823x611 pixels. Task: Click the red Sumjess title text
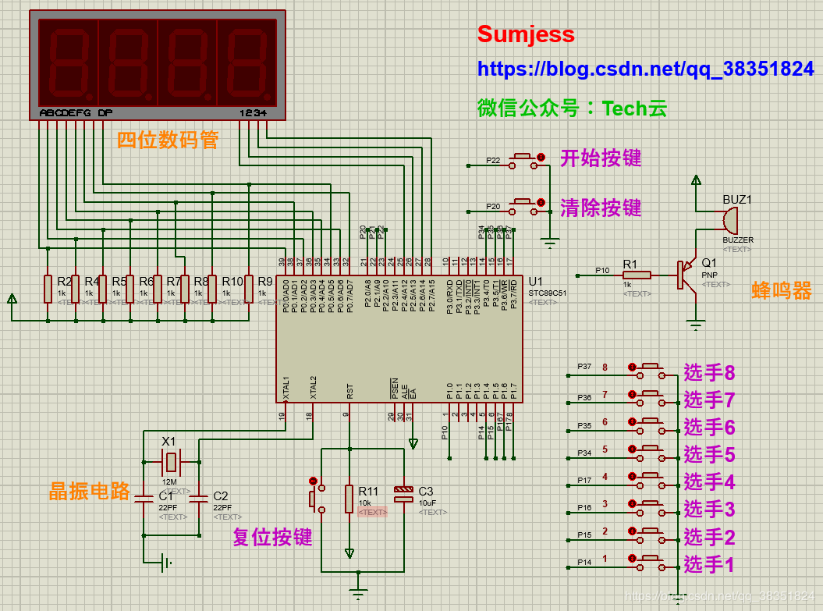click(x=526, y=34)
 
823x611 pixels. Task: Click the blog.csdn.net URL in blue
click(x=645, y=69)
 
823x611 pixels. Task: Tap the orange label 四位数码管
click(x=167, y=140)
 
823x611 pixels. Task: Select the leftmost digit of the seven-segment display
click(x=68, y=61)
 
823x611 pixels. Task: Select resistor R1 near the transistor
click(x=637, y=275)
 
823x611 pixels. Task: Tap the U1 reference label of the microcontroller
click(x=535, y=282)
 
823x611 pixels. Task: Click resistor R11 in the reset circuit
click(x=349, y=499)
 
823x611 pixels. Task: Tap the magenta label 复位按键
click(x=272, y=537)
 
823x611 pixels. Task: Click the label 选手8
click(x=709, y=373)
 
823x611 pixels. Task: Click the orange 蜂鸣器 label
click(x=781, y=291)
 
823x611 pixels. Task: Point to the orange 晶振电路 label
click(x=89, y=491)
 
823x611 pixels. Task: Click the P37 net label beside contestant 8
click(x=584, y=366)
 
